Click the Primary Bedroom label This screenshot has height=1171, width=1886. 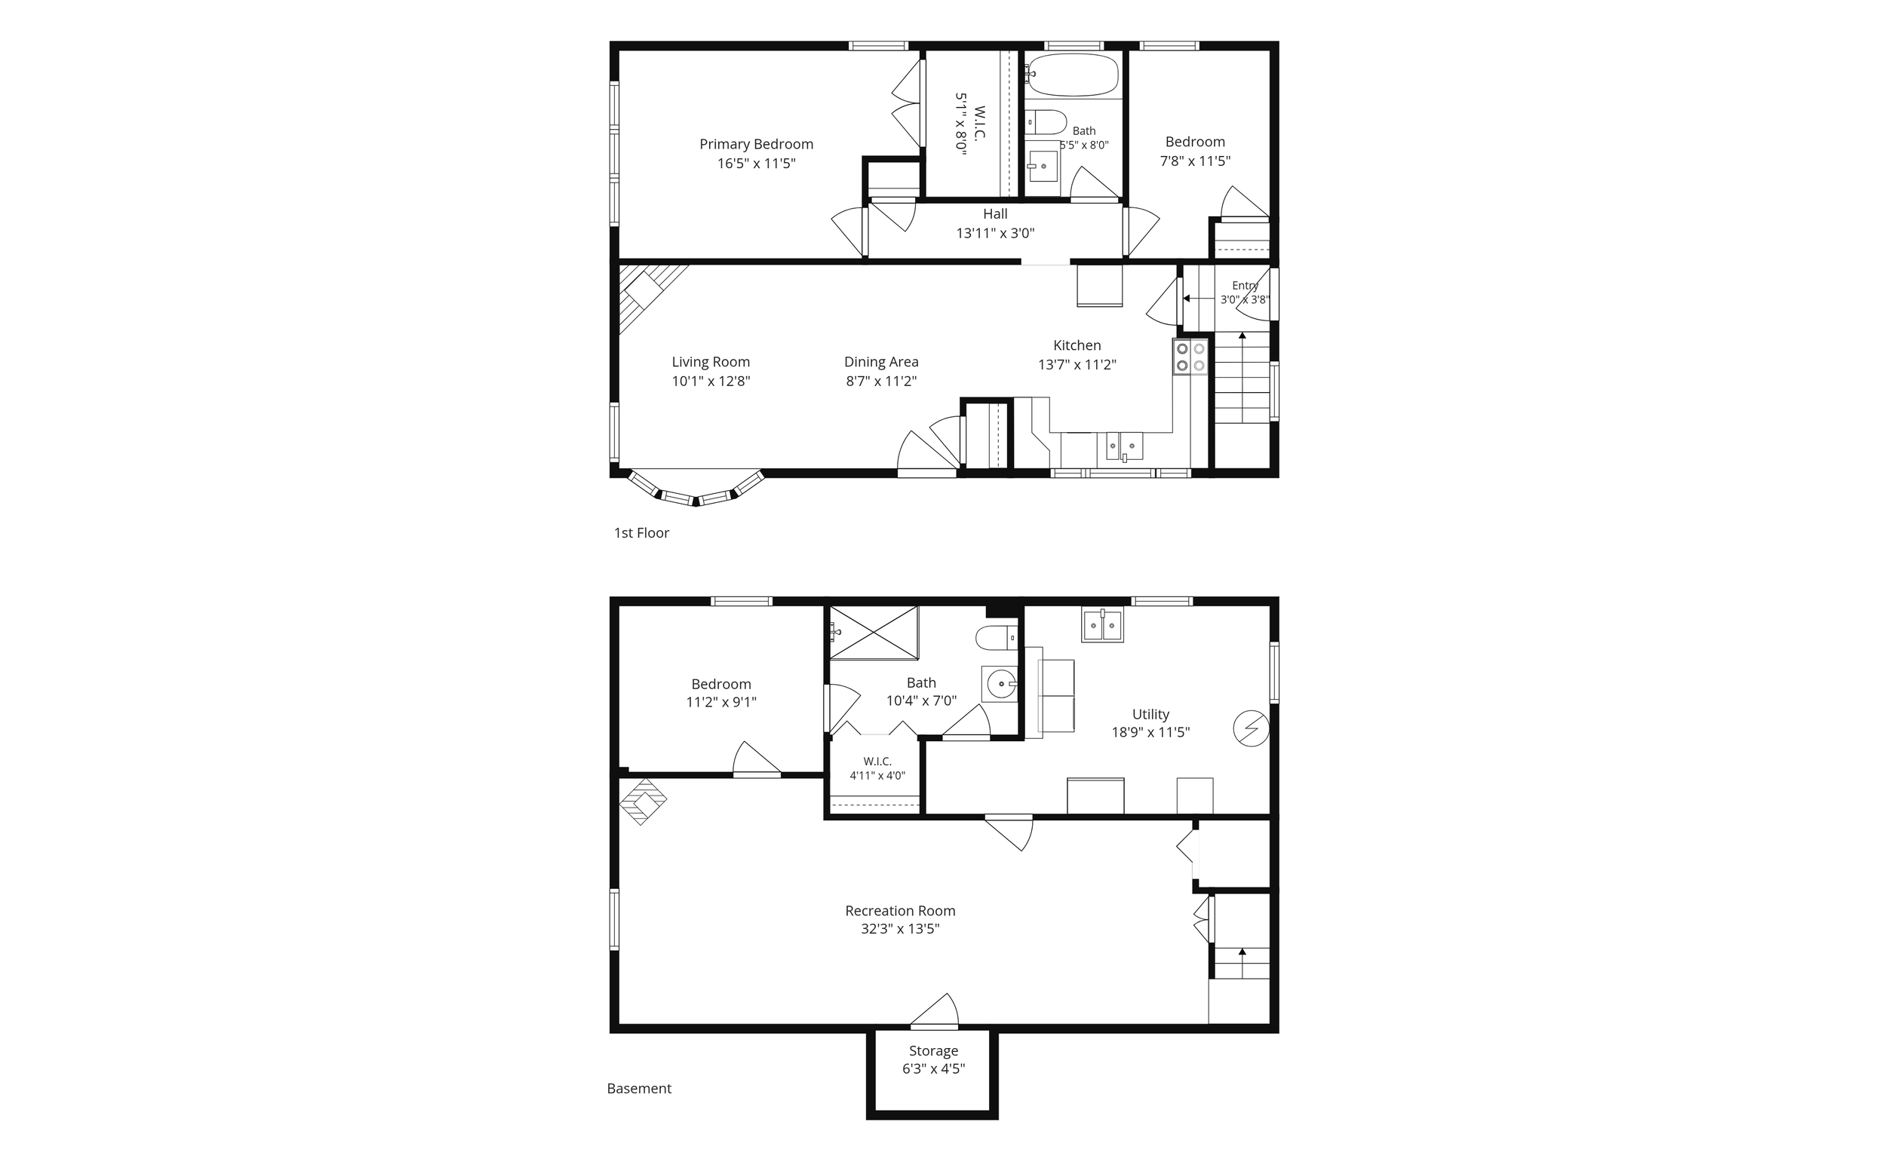point(756,144)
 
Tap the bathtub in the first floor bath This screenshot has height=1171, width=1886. point(1074,75)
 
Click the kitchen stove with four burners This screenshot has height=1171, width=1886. point(1190,357)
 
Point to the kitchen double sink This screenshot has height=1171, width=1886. point(1124,446)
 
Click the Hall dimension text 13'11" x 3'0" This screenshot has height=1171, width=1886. point(995,233)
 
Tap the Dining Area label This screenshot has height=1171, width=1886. point(881,362)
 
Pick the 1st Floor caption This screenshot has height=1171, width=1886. point(641,533)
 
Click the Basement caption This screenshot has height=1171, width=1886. point(639,1088)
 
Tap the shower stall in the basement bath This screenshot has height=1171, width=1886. point(874,633)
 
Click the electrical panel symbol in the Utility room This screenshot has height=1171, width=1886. point(1251,729)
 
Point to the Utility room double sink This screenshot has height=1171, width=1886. point(1102,626)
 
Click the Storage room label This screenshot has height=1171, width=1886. point(934,1051)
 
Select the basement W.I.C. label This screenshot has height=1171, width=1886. point(877,762)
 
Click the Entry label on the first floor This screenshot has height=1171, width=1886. point(1246,286)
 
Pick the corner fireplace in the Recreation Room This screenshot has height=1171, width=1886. point(642,801)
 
